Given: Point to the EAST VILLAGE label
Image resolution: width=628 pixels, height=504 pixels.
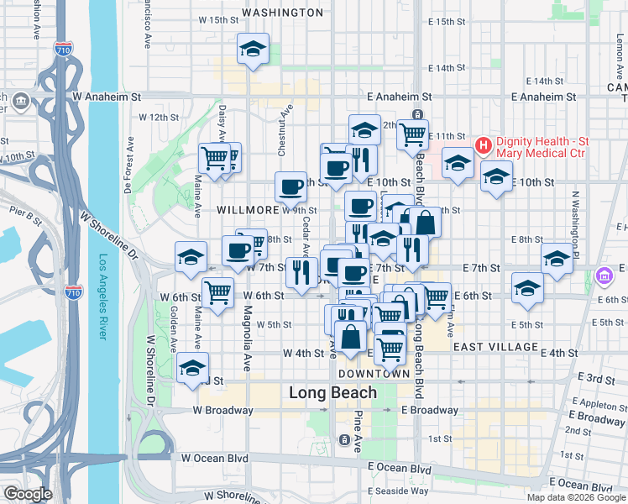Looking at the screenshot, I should pos(495,346).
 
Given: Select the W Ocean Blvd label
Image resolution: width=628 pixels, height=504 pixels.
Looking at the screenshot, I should pos(215,459).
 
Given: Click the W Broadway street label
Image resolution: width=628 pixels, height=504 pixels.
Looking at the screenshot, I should pos(222,411).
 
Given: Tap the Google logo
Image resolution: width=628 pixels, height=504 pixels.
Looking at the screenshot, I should pos(28,494).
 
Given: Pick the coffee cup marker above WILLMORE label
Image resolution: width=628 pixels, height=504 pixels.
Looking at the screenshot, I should pos(291,186).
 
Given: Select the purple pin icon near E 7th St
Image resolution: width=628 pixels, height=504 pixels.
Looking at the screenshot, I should pos(604,276).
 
